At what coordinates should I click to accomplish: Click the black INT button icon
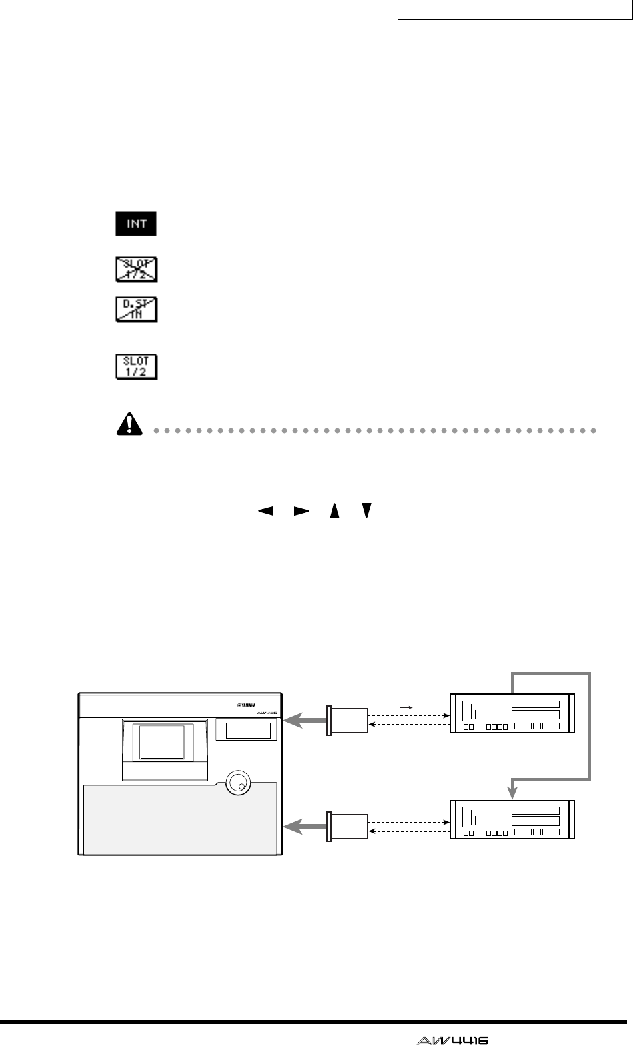pyautogui.click(x=136, y=224)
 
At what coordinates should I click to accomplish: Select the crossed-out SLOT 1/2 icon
pyautogui.click(x=136, y=269)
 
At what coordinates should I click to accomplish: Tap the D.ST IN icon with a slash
pyautogui.click(x=136, y=310)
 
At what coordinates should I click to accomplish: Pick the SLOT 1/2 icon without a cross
pyautogui.click(x=136, y=366)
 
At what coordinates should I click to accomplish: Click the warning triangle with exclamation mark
pyautogui.click(x=129, y=424)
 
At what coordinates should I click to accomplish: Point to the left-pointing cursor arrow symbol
pyautogui.click(x=266, y=511)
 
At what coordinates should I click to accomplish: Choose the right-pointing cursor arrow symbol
pyautogui.click(x=301, y=511)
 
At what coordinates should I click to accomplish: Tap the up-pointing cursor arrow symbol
pyautogui.click(x=335, y=511)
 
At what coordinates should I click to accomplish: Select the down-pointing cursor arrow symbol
pyautogui.click(x=366, y=511)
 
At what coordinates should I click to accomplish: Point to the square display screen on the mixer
pyautogui.click(x=161, y=743)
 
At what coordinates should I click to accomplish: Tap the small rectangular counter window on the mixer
pyautogui.click(x=248, y=731)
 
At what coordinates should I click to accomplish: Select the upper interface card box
pyautogui.click(x=348, y=721)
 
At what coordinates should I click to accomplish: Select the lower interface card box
pyautogui.click(x=348, y=827)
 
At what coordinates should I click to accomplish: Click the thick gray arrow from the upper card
pyautogui.click(x=305, y=721)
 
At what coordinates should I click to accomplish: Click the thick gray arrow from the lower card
pyautogui.click(x=305, y=827)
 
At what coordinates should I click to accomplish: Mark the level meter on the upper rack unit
pyautogui.click(x=483, y=711)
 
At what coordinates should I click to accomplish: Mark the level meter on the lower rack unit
pyautogui.click(x=483, y=817)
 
